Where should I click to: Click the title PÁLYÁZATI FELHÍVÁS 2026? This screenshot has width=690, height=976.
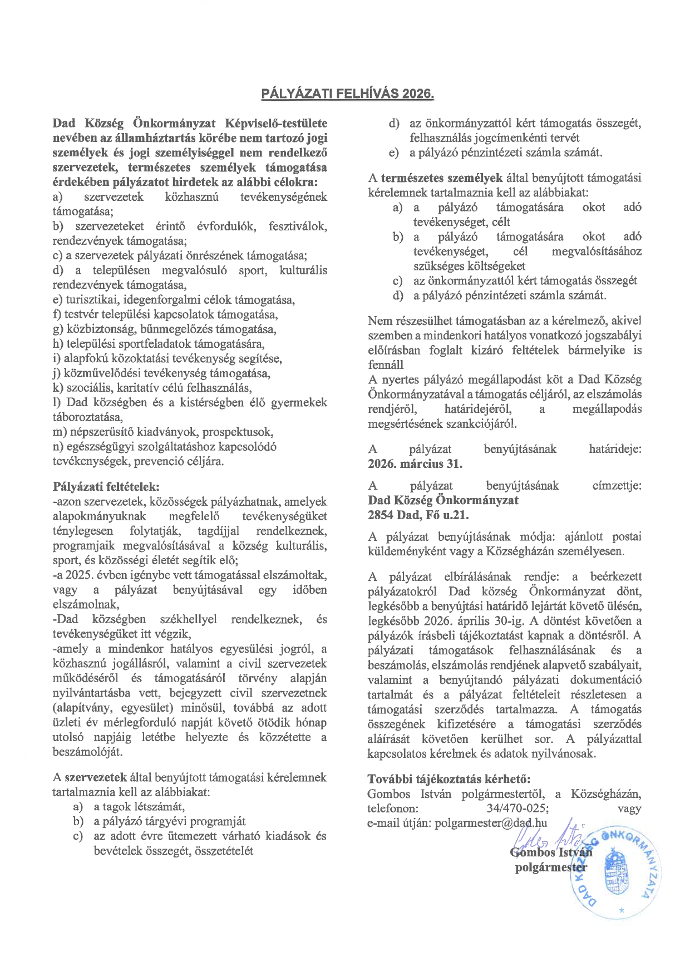(347, 93)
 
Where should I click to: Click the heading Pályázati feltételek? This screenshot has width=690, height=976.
(106, 487)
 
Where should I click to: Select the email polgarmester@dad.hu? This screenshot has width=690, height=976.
(491, 823)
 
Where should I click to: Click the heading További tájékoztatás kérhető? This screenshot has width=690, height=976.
(449, 778)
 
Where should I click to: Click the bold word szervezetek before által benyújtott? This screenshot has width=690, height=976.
(96, 777)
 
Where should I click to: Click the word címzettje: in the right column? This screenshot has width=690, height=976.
(617, 485)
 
